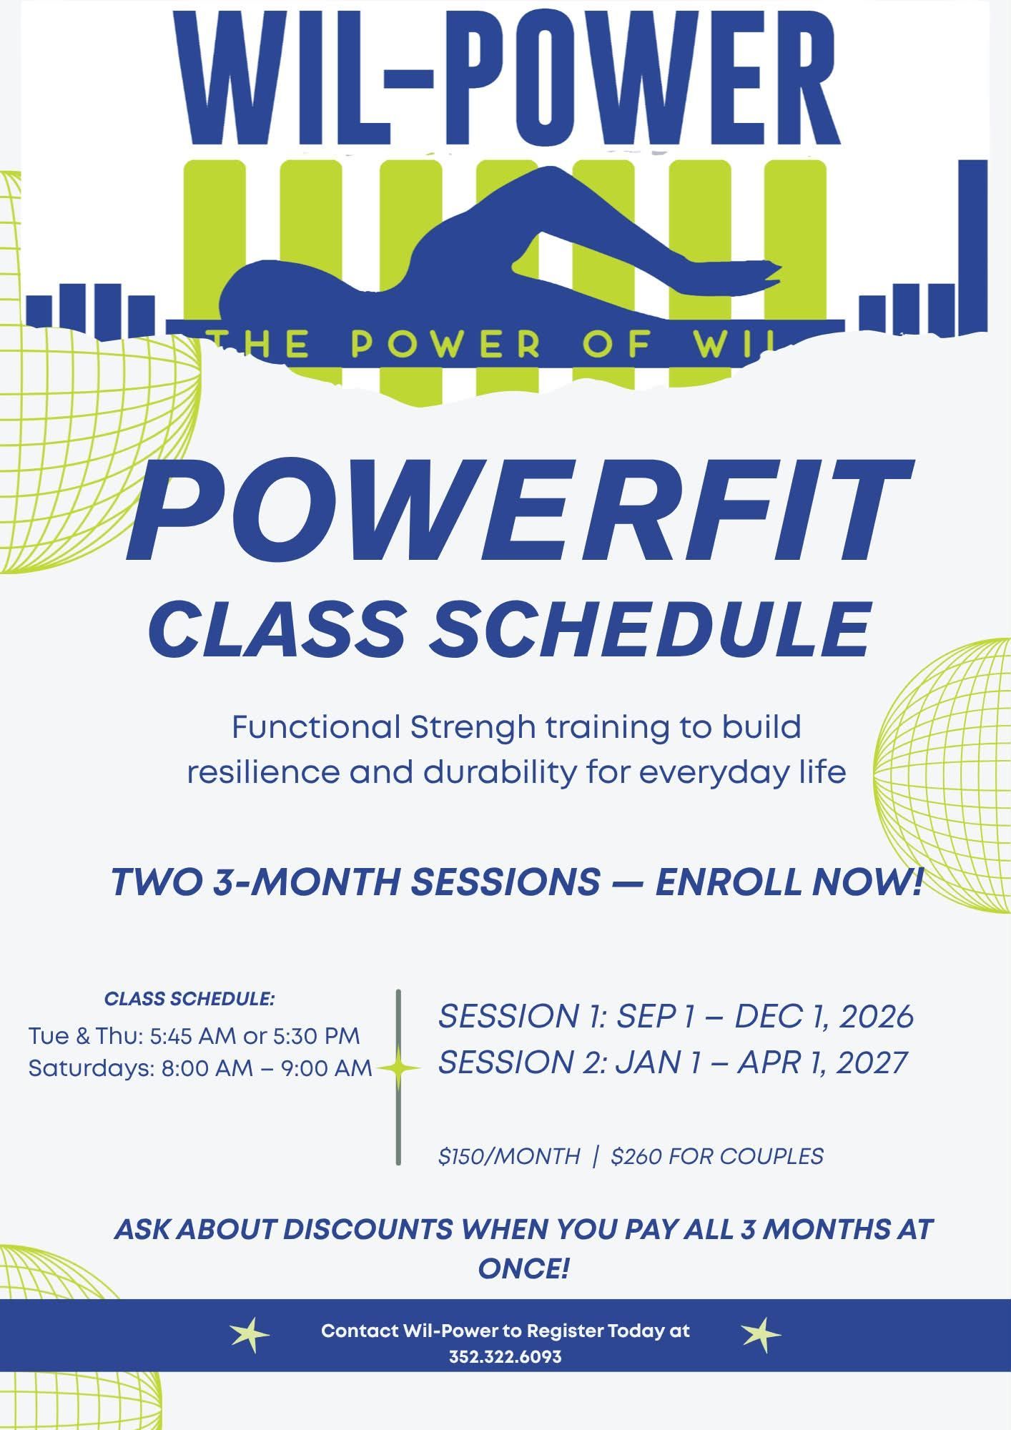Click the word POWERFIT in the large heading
(x=520, y=513)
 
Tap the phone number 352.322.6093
(x=505, y=1356)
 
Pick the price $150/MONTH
(x=509, y=1156)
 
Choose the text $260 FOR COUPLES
(x=717, y=1156)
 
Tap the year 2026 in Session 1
(x=877, y=1016)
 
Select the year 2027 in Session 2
(x=871, y=1062)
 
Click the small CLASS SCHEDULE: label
(x=189, y=999)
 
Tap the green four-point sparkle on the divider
(x=399, y=1068)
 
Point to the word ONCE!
(x=523, y=1268)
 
